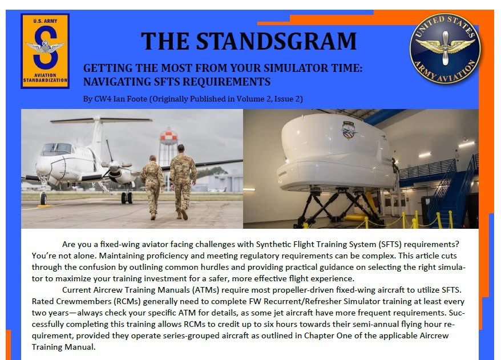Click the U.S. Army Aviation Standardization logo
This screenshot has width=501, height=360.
45,51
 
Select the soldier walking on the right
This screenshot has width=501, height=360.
183,181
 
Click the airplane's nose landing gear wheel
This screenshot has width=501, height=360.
43,198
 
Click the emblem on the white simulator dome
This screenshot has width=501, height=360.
348,130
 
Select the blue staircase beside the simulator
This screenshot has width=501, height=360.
451,194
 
